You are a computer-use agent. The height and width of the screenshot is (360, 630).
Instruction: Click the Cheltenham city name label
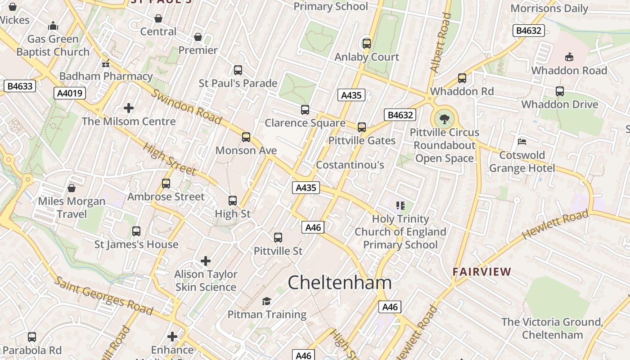click(340, 283)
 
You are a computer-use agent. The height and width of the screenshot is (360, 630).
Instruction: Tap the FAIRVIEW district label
click(482, 272)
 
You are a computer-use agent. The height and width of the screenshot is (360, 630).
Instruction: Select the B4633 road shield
click(20, 86)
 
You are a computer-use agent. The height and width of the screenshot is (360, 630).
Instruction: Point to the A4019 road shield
click(70, 93)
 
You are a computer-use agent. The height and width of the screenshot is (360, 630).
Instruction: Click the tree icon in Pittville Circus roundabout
click(445, 119)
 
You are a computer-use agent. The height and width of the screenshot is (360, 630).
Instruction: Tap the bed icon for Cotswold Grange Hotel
click(522, 142)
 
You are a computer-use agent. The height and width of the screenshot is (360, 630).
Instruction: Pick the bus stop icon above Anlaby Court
click(367, 44)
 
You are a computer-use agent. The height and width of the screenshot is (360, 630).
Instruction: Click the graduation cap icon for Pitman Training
click(267, 301)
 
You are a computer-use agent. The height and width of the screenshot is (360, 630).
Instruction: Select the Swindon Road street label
click(186, 106)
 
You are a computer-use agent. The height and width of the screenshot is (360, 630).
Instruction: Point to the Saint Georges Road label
click(103, 296)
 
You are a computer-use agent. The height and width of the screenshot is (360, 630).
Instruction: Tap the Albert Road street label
click(441, 43)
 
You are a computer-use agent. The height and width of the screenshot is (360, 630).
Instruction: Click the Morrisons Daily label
click(549, 9)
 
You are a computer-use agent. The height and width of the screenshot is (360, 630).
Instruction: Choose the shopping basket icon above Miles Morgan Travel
click(71, 188)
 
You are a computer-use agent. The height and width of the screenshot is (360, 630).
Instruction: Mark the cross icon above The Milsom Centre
click(129, 108)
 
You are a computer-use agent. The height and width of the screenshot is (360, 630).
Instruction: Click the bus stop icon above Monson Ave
click(246, 137)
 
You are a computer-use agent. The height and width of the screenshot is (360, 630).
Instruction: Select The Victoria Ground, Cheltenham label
click(552, 328)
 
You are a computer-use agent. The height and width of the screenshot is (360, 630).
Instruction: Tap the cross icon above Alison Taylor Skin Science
click(206, 261)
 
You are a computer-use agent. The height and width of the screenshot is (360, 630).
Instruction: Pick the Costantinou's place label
click(350, 165)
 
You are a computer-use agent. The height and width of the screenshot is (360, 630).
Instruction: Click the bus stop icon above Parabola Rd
click(32, 337)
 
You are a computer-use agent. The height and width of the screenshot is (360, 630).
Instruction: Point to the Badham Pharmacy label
click(106, 76)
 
